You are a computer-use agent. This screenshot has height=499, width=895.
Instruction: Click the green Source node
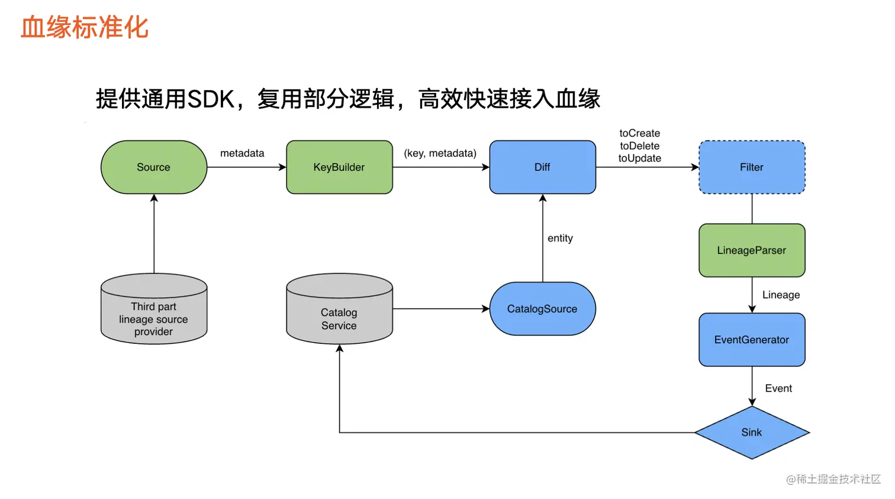(154, 167)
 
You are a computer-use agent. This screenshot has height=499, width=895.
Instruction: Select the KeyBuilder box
(339, 167)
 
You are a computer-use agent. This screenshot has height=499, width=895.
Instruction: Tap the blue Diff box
(542, 167)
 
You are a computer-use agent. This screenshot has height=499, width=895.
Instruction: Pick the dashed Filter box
(752, 167)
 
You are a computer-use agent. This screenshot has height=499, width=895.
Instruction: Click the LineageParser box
(752, 250)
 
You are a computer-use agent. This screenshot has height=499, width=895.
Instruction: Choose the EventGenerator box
(752, 340)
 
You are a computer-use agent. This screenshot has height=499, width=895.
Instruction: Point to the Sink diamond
(752, 432)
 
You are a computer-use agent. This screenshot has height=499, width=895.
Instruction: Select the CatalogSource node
(542, 308)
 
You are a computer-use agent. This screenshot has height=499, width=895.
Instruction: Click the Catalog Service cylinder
(339, 308)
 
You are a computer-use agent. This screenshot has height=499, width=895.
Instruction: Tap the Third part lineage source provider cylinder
(154, 308)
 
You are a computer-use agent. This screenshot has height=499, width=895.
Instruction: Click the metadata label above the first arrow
(242, 153)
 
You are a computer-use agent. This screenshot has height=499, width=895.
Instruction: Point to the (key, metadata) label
(440, 153)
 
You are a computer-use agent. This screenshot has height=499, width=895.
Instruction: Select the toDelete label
(639, 146)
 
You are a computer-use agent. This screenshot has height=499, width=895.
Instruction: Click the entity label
(560, 238)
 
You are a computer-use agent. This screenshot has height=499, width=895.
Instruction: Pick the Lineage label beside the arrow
(781, 295)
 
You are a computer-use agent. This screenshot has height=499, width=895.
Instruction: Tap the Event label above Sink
(778, 388)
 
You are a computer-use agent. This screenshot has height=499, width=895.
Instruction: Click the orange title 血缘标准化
(85, 27)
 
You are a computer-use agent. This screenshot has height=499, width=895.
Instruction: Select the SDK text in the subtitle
(211, 99)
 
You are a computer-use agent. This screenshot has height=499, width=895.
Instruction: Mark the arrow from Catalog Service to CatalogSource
(441, 308)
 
